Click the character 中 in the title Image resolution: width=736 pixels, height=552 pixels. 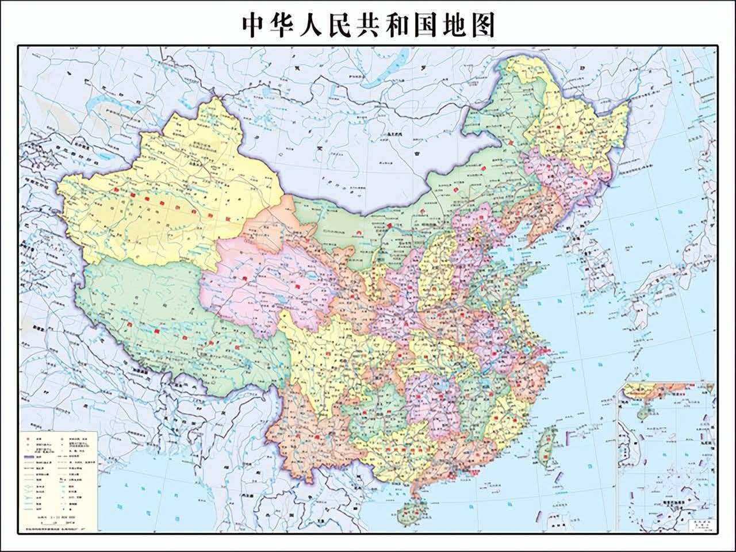point(254,25)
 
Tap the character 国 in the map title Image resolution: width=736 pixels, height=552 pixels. point(425,25)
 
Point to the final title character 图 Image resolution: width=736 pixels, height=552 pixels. point(482,25)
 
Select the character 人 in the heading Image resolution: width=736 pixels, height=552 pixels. point(311,25)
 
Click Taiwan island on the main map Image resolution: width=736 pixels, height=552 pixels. point(546,446)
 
